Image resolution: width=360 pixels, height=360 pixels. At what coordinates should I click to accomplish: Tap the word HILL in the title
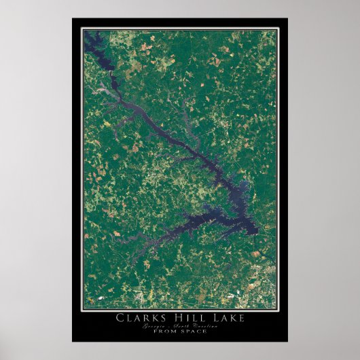[x=186, y=317]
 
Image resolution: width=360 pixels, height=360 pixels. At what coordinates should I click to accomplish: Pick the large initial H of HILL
[x=175, y=317]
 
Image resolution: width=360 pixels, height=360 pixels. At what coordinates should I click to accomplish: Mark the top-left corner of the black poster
[x=72, y=18]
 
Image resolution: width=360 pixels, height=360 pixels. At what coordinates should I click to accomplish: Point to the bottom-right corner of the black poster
[x=287, y=342]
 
